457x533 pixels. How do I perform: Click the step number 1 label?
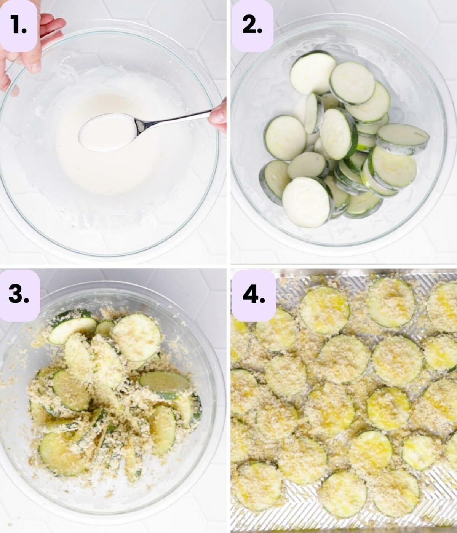tap(19, 25)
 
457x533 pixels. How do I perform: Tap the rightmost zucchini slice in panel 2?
tap(402, 139)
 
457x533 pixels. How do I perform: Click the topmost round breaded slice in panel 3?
tap(137, 337)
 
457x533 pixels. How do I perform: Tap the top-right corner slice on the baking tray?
tap(442, 307)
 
